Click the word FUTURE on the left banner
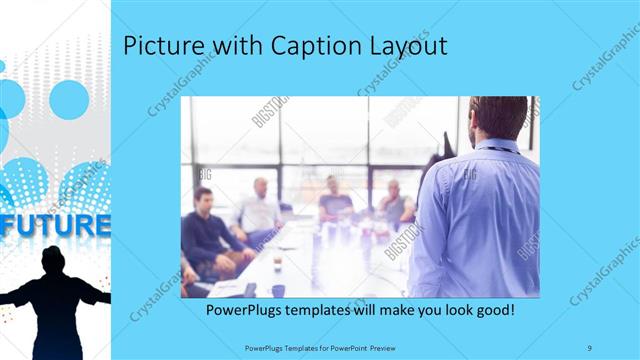click(55, 224)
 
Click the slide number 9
click(589, 346)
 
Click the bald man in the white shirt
click(259, 208)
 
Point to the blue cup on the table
click(278, 290)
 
